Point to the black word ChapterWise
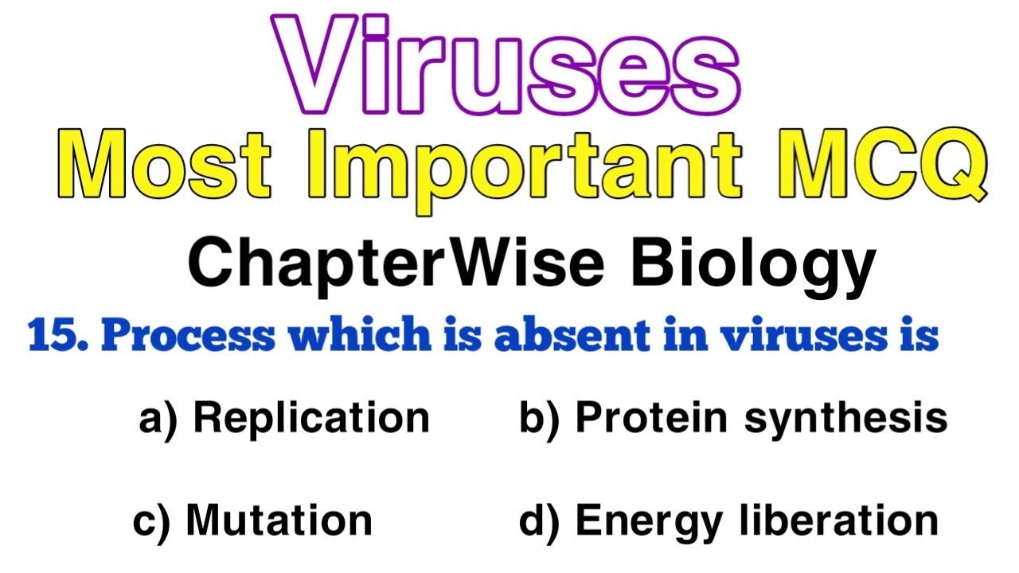[396, 265]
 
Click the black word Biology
[753, 267]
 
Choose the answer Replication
[311, 418]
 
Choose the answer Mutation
[279, 520]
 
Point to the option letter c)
[151, 520]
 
